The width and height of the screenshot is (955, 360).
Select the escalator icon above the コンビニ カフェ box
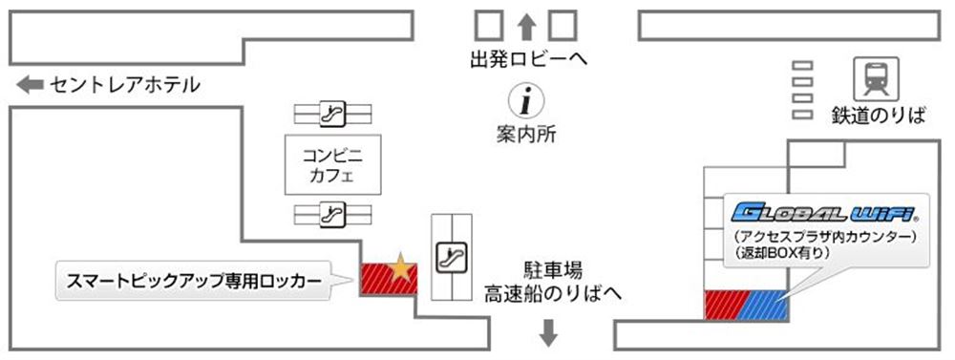[331, 114]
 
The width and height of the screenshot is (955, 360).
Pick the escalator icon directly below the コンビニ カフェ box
[331, 211]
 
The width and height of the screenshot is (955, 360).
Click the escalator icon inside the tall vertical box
[448, 257]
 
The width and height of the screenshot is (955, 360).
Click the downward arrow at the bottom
[549, 332]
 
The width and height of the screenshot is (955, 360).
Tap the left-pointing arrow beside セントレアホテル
[30, 85]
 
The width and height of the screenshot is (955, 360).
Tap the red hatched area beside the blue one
[718, 305]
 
